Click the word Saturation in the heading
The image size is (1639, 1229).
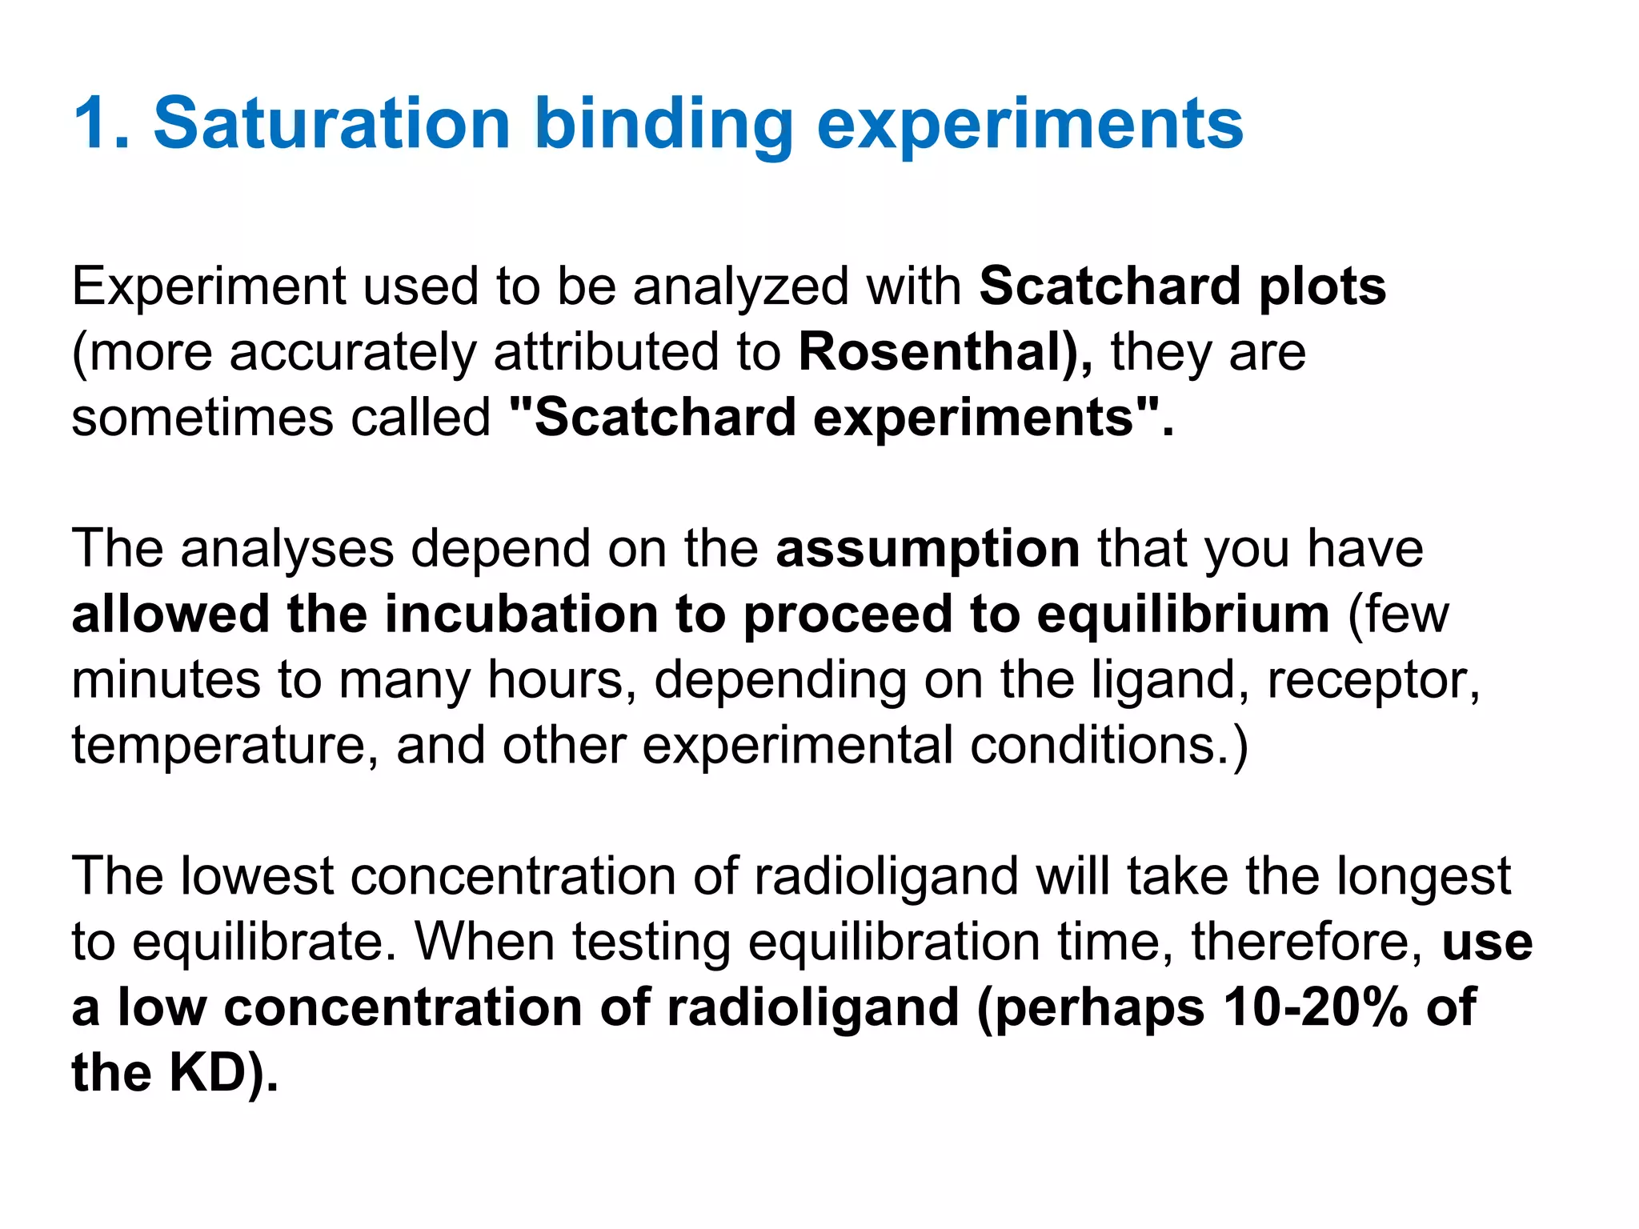[331, 123]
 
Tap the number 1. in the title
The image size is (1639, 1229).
[102, 123]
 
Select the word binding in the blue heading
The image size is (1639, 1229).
[663, 125]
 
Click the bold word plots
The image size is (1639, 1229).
[1322, 286]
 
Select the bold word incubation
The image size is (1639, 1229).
[521, 614]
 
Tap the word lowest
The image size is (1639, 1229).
[256, 876]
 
